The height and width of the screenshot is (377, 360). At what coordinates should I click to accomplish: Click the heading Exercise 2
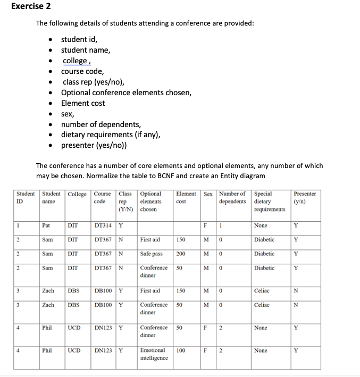click(29, 7)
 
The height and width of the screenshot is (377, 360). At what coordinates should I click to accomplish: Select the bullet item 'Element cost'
click(83, 103)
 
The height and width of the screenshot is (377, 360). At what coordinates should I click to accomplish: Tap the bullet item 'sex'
click(68, 114)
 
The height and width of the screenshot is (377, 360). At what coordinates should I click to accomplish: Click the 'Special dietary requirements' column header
click(270, 202)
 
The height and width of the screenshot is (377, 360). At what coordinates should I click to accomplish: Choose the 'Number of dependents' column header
click(232, 197)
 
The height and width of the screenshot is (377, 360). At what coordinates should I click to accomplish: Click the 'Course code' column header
click(99, 197)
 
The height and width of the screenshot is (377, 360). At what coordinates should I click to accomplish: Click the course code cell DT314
click(103, 225)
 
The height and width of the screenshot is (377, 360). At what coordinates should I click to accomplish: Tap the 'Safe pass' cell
click(151, 254)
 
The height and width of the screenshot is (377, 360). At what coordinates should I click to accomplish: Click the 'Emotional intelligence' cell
click(154, 354)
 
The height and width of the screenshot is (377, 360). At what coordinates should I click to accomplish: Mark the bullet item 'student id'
click(79, 39)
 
